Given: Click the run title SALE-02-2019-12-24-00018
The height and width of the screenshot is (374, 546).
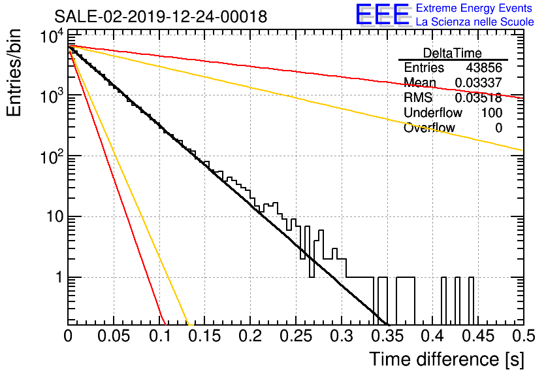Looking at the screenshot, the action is click(161, 16).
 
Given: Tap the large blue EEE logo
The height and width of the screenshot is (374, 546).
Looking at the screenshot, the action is click(383, 14).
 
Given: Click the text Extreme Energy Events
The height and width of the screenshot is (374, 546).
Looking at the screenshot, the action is click(474, 8).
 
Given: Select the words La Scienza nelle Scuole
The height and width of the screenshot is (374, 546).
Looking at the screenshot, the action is click(475, 22).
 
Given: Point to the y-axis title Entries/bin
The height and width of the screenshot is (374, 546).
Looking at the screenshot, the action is click(14, 73).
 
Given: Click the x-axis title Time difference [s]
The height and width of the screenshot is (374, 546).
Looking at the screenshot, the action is click(447, 359).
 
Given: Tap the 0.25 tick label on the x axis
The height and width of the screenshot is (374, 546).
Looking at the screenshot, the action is click(295, 336).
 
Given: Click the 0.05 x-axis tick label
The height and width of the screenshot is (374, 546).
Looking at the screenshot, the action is click(114, 336).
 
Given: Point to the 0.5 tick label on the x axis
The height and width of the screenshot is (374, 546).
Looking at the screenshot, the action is click(523, 336).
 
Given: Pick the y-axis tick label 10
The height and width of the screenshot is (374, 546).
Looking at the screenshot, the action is click(55, 217).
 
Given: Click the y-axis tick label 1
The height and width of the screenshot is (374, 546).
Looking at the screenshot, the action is click(59, 277).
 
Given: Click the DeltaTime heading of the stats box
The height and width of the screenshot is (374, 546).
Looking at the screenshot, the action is click(453, 53).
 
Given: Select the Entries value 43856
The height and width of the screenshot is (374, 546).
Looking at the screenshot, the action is click(484, 67).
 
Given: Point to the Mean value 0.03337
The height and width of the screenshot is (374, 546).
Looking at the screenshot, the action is click(479, 82).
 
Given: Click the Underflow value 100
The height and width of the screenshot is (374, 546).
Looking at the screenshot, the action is click(492, 112).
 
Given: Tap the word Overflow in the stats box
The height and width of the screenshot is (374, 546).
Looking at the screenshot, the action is click(429, 127).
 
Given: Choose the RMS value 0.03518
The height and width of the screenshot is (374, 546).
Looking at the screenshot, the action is click(479, 97).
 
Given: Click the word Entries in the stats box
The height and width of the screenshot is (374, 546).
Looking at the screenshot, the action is click(424, 67).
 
